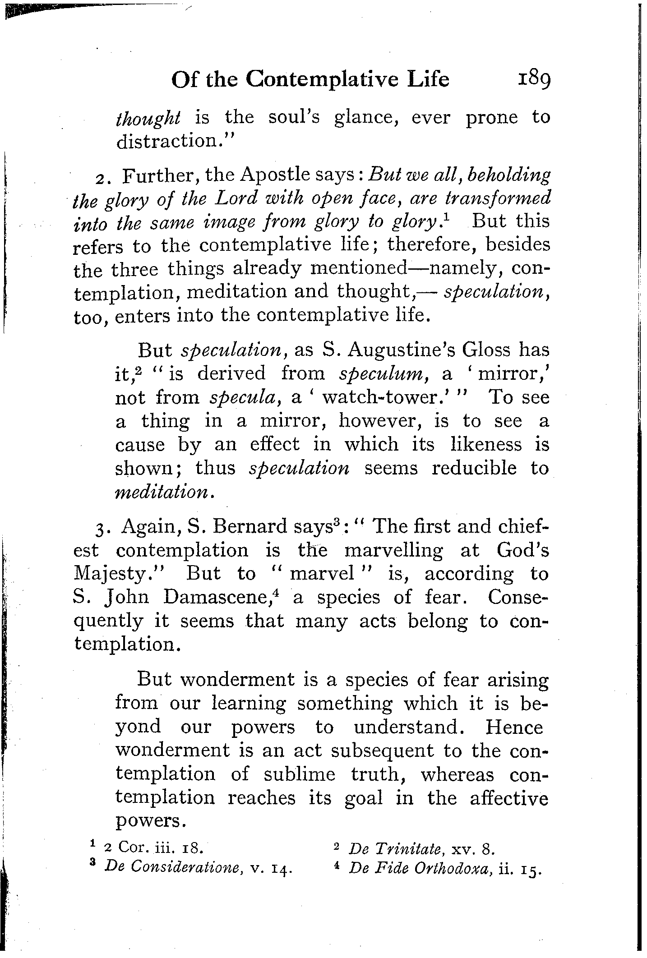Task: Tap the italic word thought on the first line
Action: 148,118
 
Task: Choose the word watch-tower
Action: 390,397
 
